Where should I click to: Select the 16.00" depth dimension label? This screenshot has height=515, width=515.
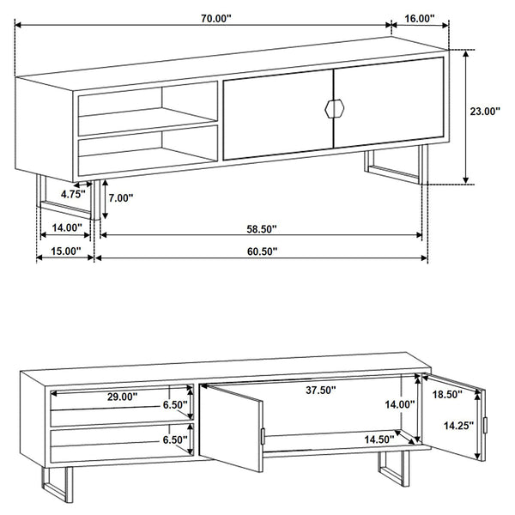pos(419,17)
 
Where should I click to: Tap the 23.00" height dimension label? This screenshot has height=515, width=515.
pos(485,111)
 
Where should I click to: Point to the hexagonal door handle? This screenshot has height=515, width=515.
pos(333,107)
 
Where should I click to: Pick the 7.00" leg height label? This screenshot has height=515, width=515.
pos(122,197)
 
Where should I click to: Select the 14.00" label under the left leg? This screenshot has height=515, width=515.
pos(67,228)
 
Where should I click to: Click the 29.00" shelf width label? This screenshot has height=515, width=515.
pos(122,397)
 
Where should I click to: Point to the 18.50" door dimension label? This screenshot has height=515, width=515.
pos(446,394)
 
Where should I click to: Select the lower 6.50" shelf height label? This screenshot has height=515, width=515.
pos(175,439)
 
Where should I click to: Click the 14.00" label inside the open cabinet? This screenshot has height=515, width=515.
pos(400,404)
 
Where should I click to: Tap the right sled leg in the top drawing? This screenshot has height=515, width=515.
pos(395,168)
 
